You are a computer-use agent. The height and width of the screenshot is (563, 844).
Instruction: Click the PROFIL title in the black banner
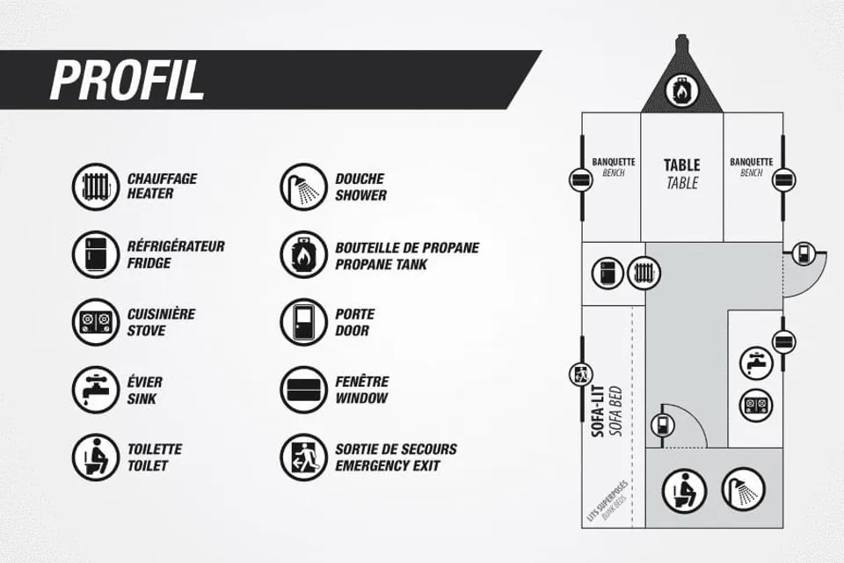coord(127,80)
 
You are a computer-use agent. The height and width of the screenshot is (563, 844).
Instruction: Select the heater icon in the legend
coord(96,186)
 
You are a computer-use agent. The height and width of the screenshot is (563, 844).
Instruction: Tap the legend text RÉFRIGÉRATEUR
coord(176,246)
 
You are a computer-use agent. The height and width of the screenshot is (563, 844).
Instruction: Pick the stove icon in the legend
coord(96,322)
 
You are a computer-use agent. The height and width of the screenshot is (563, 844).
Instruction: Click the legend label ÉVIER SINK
coord(145,390)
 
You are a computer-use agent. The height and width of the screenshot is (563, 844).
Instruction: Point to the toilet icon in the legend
coord(96,457)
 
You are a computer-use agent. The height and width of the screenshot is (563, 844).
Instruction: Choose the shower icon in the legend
coord(303,186)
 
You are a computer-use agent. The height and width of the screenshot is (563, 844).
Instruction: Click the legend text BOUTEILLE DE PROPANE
coord(407,248)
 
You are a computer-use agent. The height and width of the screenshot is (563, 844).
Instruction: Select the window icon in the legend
coord(303,390)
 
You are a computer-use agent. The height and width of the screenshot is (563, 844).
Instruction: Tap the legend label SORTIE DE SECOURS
coord(396,449)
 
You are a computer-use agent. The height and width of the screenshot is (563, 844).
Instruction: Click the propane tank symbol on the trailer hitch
coord(681,91)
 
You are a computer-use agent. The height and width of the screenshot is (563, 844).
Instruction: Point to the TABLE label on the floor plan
coord(681,165)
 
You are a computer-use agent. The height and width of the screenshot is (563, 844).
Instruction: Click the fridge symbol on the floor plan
coord(608,273)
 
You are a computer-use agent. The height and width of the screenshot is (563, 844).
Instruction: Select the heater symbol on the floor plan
coord(644,273)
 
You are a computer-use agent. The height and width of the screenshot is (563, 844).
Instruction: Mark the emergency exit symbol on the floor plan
coord(581,375)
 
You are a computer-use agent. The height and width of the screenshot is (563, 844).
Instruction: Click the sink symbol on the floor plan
coord(756,362)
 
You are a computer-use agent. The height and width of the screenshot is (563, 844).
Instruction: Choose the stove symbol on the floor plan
coord(756,405)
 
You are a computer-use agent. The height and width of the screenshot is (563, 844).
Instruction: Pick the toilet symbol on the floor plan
coord(684,491)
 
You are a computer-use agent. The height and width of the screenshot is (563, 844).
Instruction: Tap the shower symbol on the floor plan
coord(744,489)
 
